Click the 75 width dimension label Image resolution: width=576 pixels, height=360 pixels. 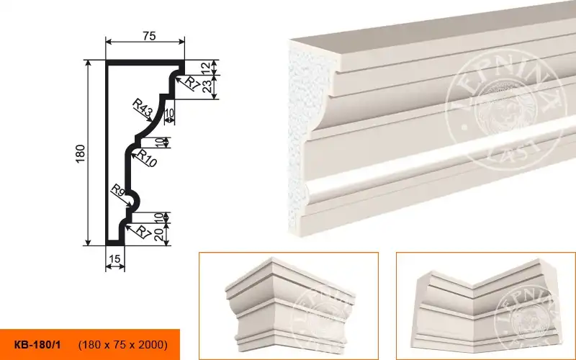(150, 36)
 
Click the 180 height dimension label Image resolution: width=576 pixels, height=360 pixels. (81, 154)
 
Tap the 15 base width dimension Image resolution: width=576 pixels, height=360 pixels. (114, 259)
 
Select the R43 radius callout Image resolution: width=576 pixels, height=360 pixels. (142, 109)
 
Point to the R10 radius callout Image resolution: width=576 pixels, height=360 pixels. (147, 158)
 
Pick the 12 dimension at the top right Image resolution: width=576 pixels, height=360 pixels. (206, 67)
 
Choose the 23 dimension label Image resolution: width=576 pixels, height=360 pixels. (207, 86)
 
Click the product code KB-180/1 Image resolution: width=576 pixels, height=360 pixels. (37, 345)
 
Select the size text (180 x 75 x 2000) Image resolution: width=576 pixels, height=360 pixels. (123, 345)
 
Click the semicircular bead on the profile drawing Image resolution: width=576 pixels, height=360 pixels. (135, 202)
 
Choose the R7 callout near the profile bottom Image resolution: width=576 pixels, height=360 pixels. (143, 232)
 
